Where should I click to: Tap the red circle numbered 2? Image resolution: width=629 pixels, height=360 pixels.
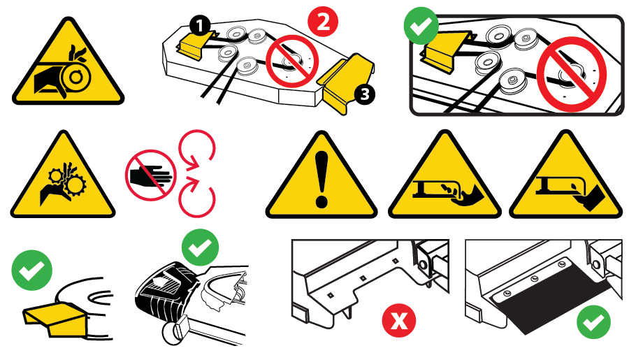323,21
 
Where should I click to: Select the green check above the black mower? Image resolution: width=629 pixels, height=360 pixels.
200,247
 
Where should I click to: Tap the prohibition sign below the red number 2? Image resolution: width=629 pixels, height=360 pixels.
293,62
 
